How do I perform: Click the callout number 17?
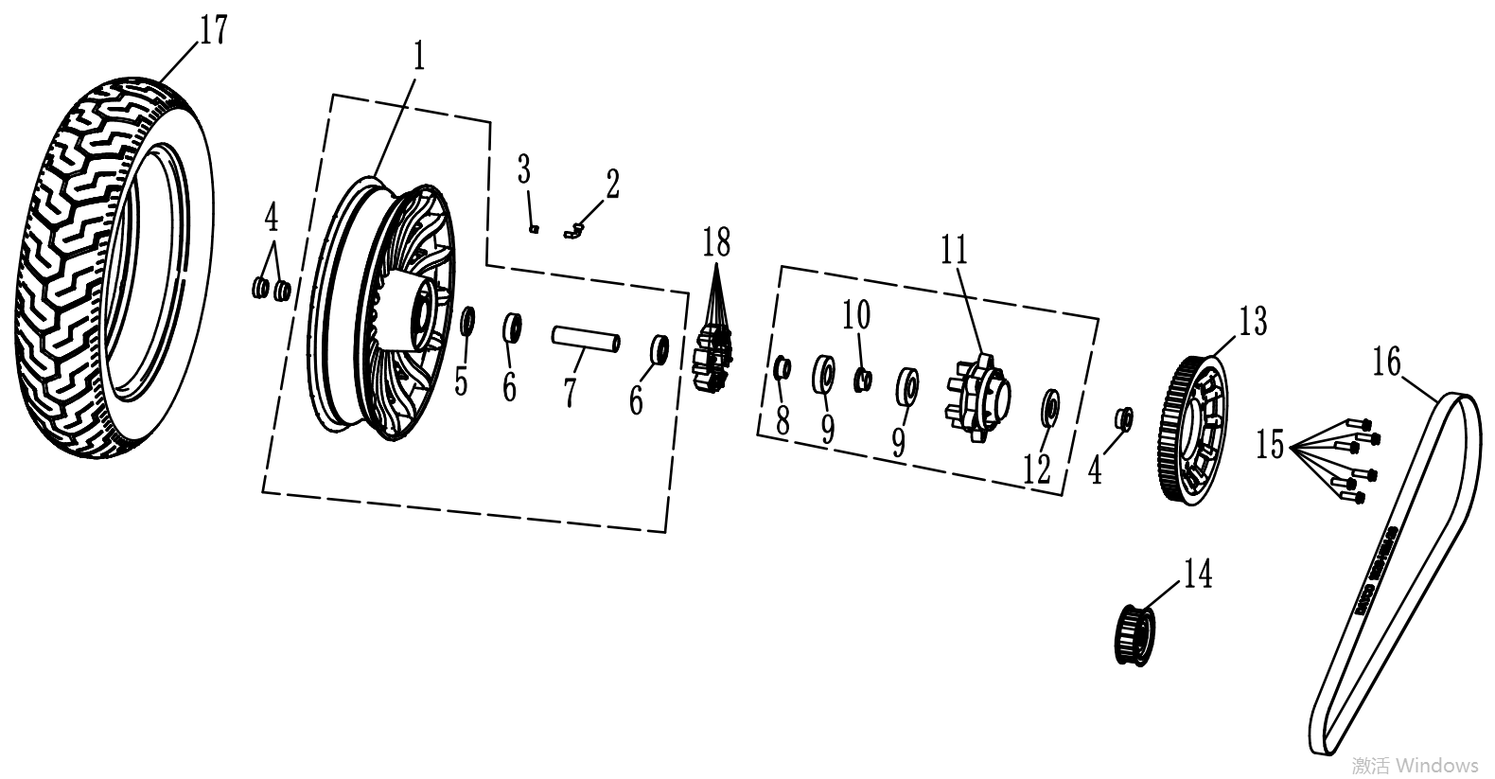click(214, 30)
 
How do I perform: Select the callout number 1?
click(417, 58)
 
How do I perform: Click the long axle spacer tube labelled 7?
click(587, 338)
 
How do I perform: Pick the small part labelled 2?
click(573, 229)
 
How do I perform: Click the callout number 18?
click(716, 242)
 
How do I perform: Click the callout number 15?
click(1271, 444)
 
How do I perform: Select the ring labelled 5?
click(467, 322)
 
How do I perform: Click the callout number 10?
click(857, 315)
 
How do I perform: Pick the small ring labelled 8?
click(783, 368)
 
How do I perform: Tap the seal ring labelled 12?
click(1049, 405)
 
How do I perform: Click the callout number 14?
click(1198, 575)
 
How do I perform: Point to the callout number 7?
click(570, 391)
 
